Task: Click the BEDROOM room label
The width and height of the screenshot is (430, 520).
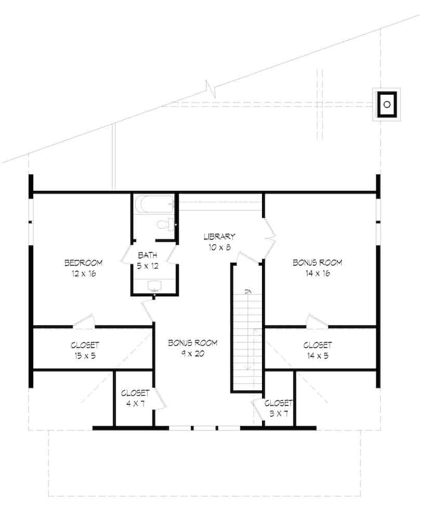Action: pos(83,263)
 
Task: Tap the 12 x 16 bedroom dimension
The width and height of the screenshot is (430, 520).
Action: pos(83,273)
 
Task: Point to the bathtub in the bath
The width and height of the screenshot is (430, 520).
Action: pos(153,204)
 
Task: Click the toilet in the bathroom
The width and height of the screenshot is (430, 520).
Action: pos(163,225)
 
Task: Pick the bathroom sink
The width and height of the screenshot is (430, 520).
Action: pos(154,285)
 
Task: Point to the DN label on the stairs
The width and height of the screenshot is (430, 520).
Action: pos(248,291)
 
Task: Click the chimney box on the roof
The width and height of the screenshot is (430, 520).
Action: pos(386,104)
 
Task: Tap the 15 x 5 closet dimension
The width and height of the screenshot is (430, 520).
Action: pos(85,356)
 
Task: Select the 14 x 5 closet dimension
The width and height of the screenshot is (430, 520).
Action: pos(317,356)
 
